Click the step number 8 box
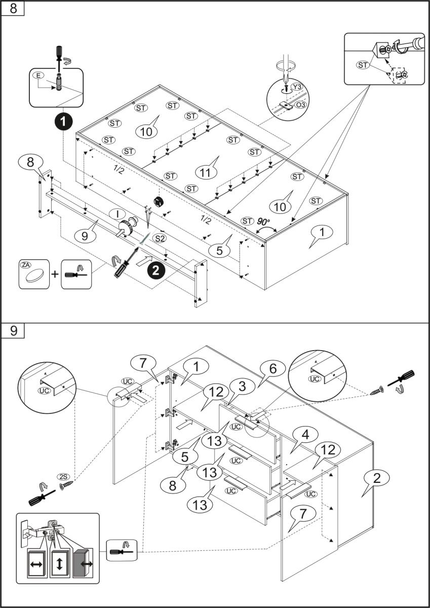pos(13,9)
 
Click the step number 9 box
pos(13,330)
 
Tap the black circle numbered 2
pos(156,271)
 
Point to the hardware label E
pos(37,75)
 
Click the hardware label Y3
pos(297,88)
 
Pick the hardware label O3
pos(300,104)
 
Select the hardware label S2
pos(160,238)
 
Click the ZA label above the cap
pos(26,264)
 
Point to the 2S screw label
pos(64,477)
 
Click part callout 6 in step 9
pos(272,369)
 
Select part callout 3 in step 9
pos(243,386)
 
